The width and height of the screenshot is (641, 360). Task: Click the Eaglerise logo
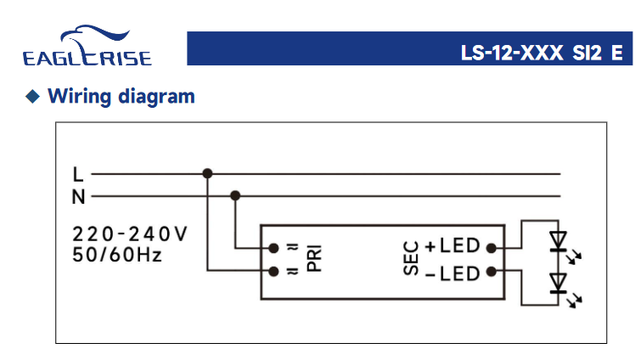pyautogui.click(x=87, y=45)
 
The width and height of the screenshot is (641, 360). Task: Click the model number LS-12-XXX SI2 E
pyautogui.click(x=542, y=53)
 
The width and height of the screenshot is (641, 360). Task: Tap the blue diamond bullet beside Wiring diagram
pyautogui.click(x=33, y=97)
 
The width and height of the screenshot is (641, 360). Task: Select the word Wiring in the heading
pyautogui.click(x=79, y=97)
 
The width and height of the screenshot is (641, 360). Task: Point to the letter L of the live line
pyautogui.click(x=77, y=175)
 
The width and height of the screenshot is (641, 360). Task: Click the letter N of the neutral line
pyautogui.click(x=78, y=197)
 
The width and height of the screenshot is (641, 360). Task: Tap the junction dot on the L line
pyautogui.click(x=207, y=174)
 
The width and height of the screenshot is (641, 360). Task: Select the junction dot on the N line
pyautogui.click(x=235, y=196)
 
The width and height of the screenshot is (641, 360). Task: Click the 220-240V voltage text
pyautogui.click(x=130, y=234)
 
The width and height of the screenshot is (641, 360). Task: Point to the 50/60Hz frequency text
pyautogui.click(x=117, y=255)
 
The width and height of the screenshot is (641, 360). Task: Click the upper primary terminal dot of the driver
pyautogui.click(x=273, y=248)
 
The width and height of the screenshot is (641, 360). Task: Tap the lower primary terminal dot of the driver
pyautogui.click(x=273, y=272)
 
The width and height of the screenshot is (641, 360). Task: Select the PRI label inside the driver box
pyautogui.click(x=314, y=258)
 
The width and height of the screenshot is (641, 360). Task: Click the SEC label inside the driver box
pyautogui.click(x=411, y=258)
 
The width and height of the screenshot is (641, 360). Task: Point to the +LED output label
pyautogui.click(x=453, y=245)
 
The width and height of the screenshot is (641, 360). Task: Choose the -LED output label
pyautogui.click(x=453, y=273)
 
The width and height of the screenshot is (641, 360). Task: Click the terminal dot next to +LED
pyautogui.click(x=492, y=248)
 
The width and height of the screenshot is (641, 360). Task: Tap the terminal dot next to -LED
pyautogui.click(x=492, y=272)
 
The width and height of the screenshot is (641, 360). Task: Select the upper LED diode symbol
pyautogui.click(x=559, y=241)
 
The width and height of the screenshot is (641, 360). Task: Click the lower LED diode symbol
pyautogui.click(x=559, y=284)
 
